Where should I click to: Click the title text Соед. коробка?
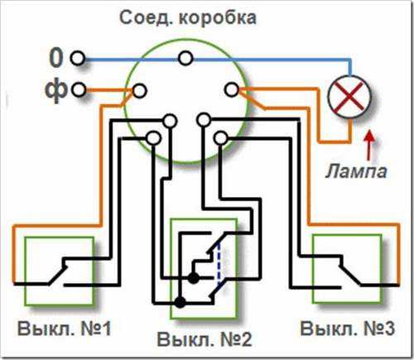click(x=188, y=18)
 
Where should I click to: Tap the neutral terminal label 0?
click(x=56, y=58)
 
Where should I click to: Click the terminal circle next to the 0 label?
click(x=78, y=58)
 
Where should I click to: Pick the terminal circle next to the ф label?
click(x=79, y=89)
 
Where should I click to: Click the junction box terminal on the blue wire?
click(x=185, y=58)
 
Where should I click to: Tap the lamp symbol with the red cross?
click(x=349, y=98)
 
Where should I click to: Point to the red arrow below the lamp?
click(x=368, y=146)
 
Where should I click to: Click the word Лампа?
click(x=356, y=171)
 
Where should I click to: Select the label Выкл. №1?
click(x=65, y=329)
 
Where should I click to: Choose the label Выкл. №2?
click(x=205, y=339)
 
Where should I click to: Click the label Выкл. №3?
click(x=347, y=328)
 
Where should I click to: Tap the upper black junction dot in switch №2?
click(x=194, y=278)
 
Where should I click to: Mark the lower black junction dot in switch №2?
click(x=181, y=302)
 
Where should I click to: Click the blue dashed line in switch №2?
click(x=219, y=264)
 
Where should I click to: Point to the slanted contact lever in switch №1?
click(x=57, y=275)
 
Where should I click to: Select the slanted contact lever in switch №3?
click(x=349, y=275)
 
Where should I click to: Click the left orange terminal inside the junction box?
click(x=139, y=90)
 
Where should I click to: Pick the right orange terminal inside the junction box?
click(x=231, y=89)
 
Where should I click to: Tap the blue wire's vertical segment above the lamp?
click(x=349, y=67)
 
